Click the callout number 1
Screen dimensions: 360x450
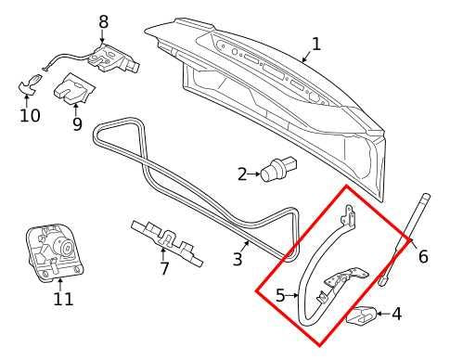coord(315,44)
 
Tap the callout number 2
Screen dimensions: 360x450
coord(242,174)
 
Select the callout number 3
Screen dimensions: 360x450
coord(238,259)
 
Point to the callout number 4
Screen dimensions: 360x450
coord(396,314)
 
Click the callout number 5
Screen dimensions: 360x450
coord(281,296)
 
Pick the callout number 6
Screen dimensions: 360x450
coord(423,256)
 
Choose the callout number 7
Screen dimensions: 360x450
coord(164,269)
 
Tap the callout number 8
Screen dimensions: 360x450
coord(103,21)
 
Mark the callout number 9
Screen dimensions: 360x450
coord(77,122)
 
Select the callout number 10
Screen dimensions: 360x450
coord(30,115)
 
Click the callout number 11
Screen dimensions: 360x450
coord(62,299)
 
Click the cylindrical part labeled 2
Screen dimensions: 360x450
coord(276,172)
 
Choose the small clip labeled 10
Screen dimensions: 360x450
coord(29,86)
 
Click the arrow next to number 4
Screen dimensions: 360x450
coord(380,314)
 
